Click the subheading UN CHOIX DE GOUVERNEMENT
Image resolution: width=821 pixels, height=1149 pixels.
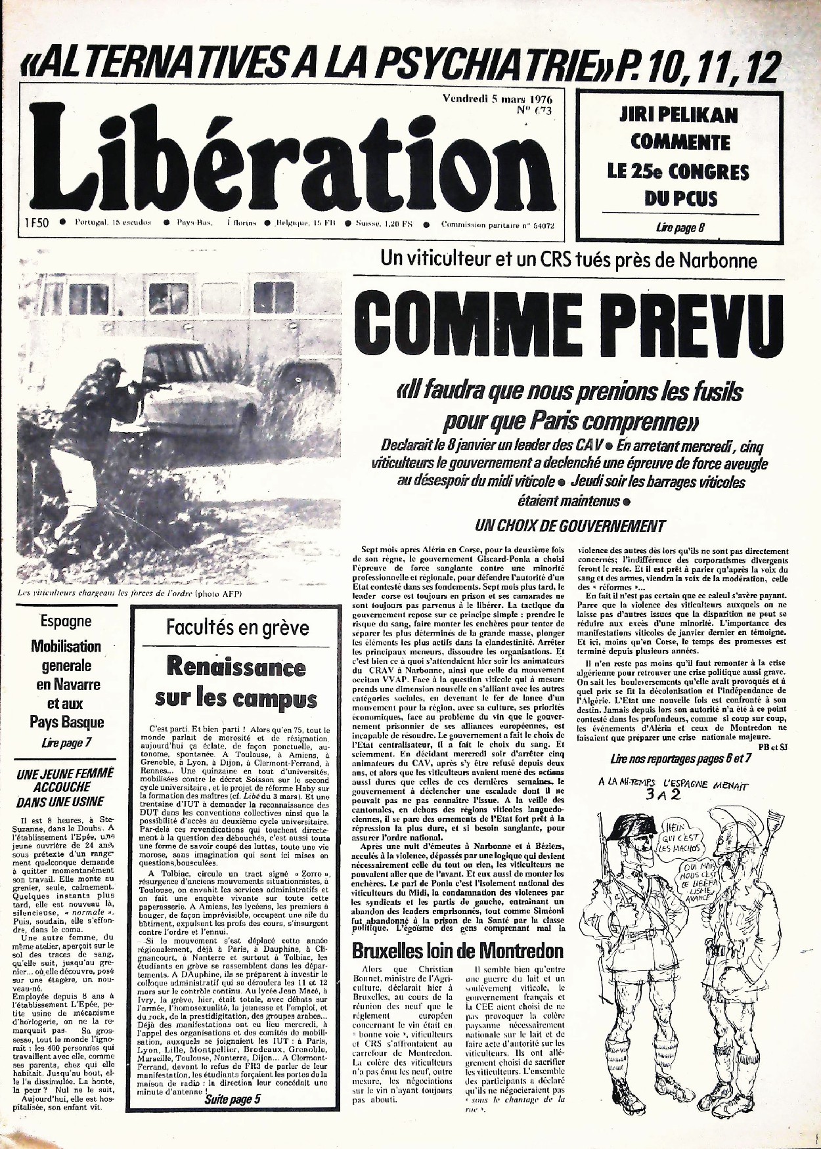(x=569, y=526)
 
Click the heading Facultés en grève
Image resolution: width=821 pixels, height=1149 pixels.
(x=237, y=627)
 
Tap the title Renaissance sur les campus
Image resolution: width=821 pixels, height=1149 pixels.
(x=236, y=683)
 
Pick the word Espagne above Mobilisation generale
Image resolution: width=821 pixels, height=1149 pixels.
(x=66, y=620)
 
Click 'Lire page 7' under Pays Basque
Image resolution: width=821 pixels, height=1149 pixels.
(x=66, y=743)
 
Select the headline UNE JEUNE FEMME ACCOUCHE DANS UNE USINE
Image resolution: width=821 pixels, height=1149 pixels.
(x=66, y=787)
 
